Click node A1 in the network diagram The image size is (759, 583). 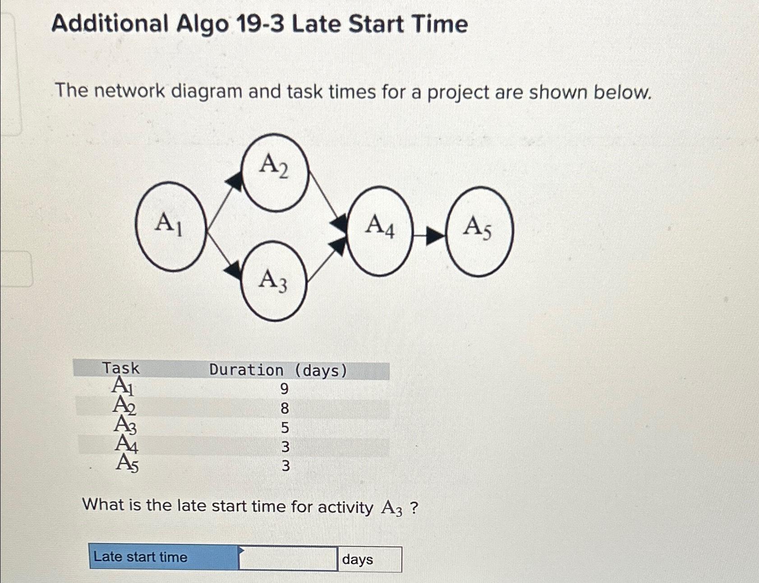170,226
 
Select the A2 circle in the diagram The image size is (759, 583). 275,172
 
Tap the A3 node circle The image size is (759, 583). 274,281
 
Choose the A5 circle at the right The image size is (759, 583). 479,231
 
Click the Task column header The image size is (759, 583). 121,368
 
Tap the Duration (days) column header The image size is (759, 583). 278,371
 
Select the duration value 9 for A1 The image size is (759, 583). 284,389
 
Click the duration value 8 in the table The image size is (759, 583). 285,409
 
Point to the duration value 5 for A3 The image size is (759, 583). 285,427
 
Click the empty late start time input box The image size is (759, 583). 288,559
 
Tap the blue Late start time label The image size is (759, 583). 141,557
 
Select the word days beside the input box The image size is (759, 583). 358,560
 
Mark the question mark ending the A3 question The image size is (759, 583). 414,508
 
